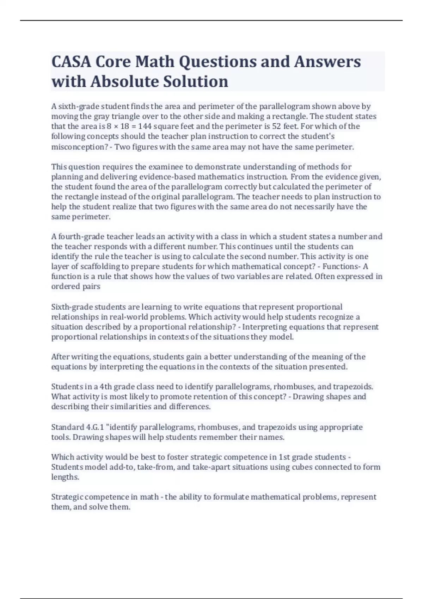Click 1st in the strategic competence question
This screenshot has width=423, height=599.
pyautogui.click(x=284, y=457)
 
